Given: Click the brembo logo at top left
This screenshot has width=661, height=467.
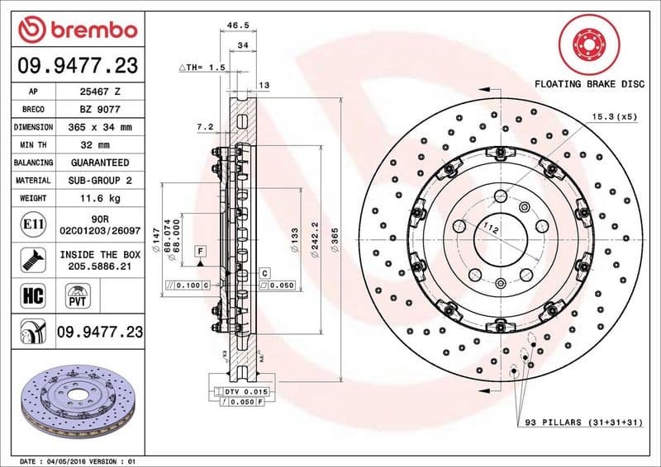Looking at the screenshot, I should pos(77,30).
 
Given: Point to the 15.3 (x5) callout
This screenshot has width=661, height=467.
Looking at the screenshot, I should pos(614,118).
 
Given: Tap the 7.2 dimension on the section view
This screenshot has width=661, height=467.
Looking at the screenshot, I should pos(206,127).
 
